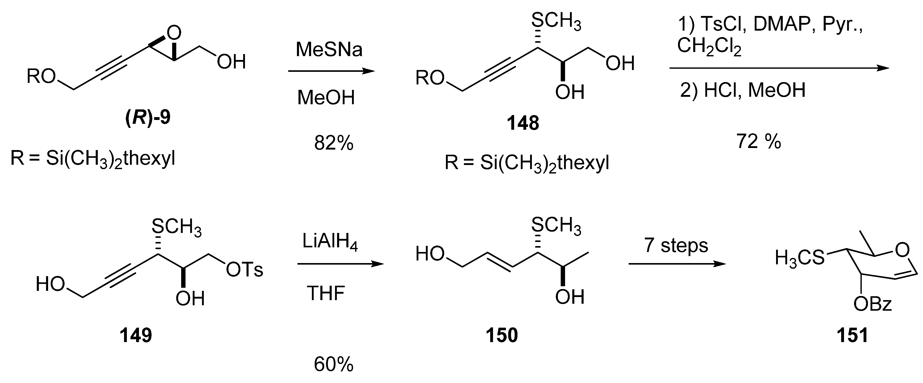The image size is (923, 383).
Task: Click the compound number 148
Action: pyautogui.click(x=523, y=123)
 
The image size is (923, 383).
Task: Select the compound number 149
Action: pyautogui.click(x=136, y=336)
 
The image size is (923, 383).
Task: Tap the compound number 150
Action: pyautogui.click(x=502, y=336)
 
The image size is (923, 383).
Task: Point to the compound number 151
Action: pyautogui.click(x=852, y=336)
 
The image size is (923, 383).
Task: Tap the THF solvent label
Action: pyautogui.click(x=326, y=293)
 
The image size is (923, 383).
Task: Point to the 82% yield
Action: pyautogui.click(x=333, y=143)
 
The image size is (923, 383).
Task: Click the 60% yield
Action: pyautogui.click(x=333, y=364)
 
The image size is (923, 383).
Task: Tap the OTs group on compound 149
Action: pyautogui.click(x=245, y=269)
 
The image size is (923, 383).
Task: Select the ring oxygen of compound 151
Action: pyautogui.click(x=902, y=250)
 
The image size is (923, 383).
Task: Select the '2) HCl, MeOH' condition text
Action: pyautogui.click(x=742, y=90)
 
